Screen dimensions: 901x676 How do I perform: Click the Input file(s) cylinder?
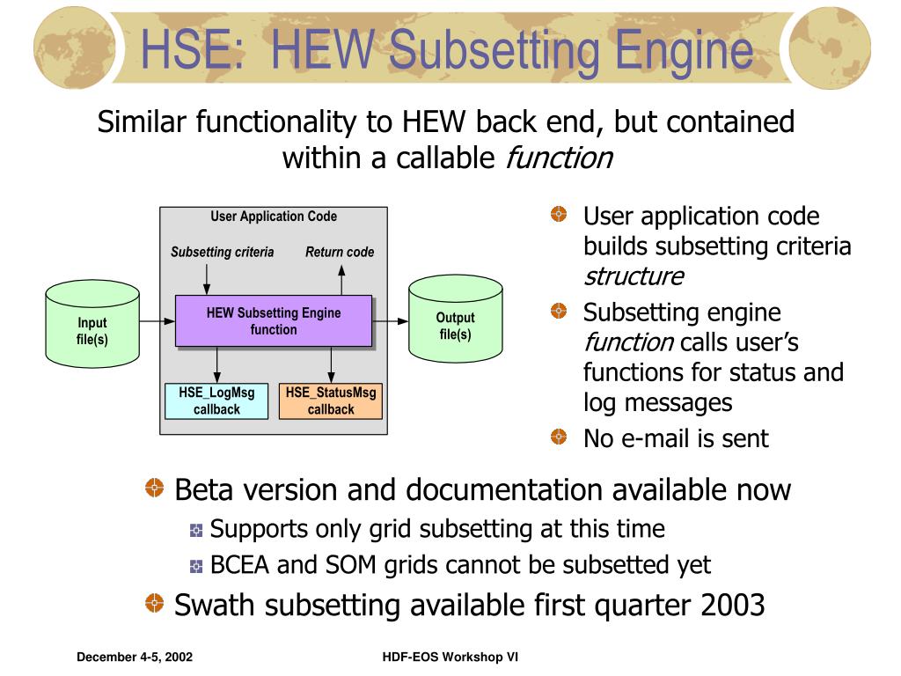coord(92,324)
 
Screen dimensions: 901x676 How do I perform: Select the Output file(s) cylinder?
coord(455,324)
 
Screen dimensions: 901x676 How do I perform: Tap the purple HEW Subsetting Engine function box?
coord(274,321)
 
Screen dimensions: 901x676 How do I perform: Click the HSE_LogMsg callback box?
coord(216,400)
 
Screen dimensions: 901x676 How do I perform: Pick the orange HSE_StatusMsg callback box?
coord(330,400)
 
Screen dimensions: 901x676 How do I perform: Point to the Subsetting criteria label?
coord(222,252)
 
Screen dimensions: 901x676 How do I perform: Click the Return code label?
coord(340,252)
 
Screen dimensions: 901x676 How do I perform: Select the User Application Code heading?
coord(274,217)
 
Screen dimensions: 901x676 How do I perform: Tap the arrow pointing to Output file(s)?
coord(391,321)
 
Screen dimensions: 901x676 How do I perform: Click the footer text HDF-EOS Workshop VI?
coord(445,658)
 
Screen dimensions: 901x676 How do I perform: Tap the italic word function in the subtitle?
coord(559,158)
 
